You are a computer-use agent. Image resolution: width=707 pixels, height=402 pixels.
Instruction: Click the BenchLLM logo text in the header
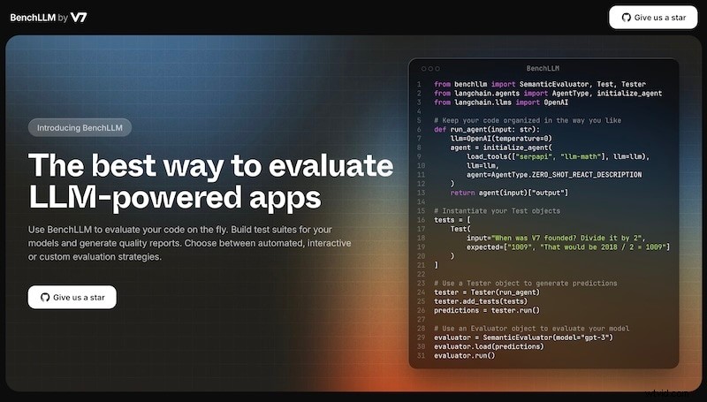click(32, 17)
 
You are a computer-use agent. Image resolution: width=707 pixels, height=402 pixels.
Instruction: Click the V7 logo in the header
click(79, 17)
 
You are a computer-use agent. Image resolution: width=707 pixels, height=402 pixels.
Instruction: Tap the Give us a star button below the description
click(72, 297)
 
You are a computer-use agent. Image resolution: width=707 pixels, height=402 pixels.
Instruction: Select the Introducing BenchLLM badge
click(80, 127)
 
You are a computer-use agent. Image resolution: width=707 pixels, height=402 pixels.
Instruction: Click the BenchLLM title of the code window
click(543, 68)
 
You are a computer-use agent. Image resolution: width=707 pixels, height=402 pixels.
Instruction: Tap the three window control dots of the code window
click(430, 68)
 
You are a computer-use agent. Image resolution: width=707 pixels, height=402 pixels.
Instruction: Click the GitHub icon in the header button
click(627, 17)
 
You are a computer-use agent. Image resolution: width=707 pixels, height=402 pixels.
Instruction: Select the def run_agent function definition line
click(487, 129)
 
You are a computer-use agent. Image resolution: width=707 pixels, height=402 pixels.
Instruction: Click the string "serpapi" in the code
click(530, 156)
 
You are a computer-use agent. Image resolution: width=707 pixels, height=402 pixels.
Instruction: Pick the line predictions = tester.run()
click(486, 310)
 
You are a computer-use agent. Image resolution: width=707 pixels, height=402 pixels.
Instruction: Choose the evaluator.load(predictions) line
click(488, 346)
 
